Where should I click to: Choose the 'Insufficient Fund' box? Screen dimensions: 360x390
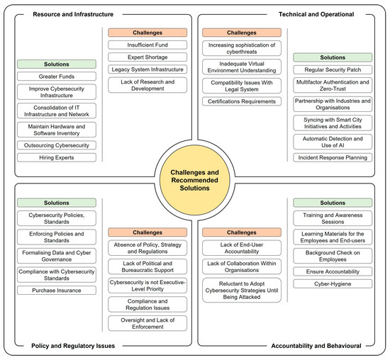(147, 45)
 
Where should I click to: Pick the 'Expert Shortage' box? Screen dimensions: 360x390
(147, 57)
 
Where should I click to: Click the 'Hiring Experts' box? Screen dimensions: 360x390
(57, 157)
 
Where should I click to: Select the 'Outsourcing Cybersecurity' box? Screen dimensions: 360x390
(57, 145)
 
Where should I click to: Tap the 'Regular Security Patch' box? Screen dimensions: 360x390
(333, 69)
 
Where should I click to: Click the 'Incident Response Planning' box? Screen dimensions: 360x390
(333, 157)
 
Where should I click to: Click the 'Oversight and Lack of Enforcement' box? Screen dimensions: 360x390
(147, 322)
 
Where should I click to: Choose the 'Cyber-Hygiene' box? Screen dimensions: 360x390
(333, 283)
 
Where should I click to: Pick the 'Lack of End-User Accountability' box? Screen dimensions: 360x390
(241, 249)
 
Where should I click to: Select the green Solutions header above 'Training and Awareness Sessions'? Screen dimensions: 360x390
(333, 203)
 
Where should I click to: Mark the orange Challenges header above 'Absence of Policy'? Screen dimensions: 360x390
(147, 232)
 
